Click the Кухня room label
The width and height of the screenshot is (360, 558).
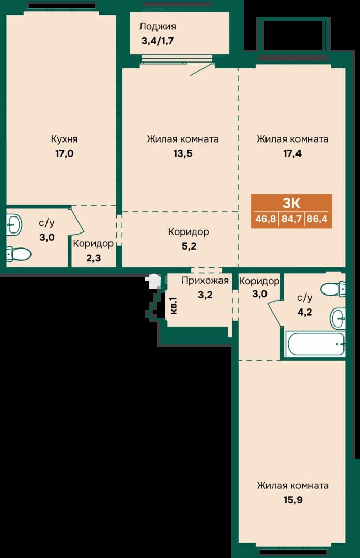pyautogui.click(x=64, y=139)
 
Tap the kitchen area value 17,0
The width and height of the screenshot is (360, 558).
pyautogui.click(x=64, y=153)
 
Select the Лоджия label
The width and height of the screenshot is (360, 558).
pyautogui.click(x=158, y=26)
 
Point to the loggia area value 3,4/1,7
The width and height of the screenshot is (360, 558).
pyautogui.click(x=158, y=41)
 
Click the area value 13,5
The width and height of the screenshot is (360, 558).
pyautogui.click(x=183, y=153)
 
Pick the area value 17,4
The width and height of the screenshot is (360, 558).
pyautogui.click(x=292, y=153)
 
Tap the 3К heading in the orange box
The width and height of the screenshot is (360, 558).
pyautogui.click(x=291, y=203)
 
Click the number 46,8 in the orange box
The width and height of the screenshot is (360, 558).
pyautogui.click(x=265, y=219)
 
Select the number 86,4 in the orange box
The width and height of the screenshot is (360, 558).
pyautogui.click(x=317, y=219)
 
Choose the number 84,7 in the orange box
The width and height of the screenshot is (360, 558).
pyautogui.click(x=291, y=219)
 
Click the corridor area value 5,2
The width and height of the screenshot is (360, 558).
pyautogui.click(x=189, y=246)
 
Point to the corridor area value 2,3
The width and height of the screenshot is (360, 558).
pyautogui.click(x=93, y=258)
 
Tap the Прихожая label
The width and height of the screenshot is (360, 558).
pyautogui.click(x=205, y=281)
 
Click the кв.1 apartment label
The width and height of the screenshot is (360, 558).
pyautogui.click(x=174, y=305)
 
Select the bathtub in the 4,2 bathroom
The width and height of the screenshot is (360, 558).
pyautogui.click(x=315, y=344)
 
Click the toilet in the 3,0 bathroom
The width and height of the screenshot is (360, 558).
pyautogui.click(x=19, y=254)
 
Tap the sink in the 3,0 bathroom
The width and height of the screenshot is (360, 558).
pyautogui.click(x=14, y=225)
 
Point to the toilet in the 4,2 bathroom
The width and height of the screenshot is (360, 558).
pyautogui.click(x=333, y=289)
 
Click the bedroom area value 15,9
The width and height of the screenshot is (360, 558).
pyautogui.click(x=293, y=500)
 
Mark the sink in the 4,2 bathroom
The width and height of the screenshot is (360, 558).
pyautogui.click(x=338, y=318)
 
